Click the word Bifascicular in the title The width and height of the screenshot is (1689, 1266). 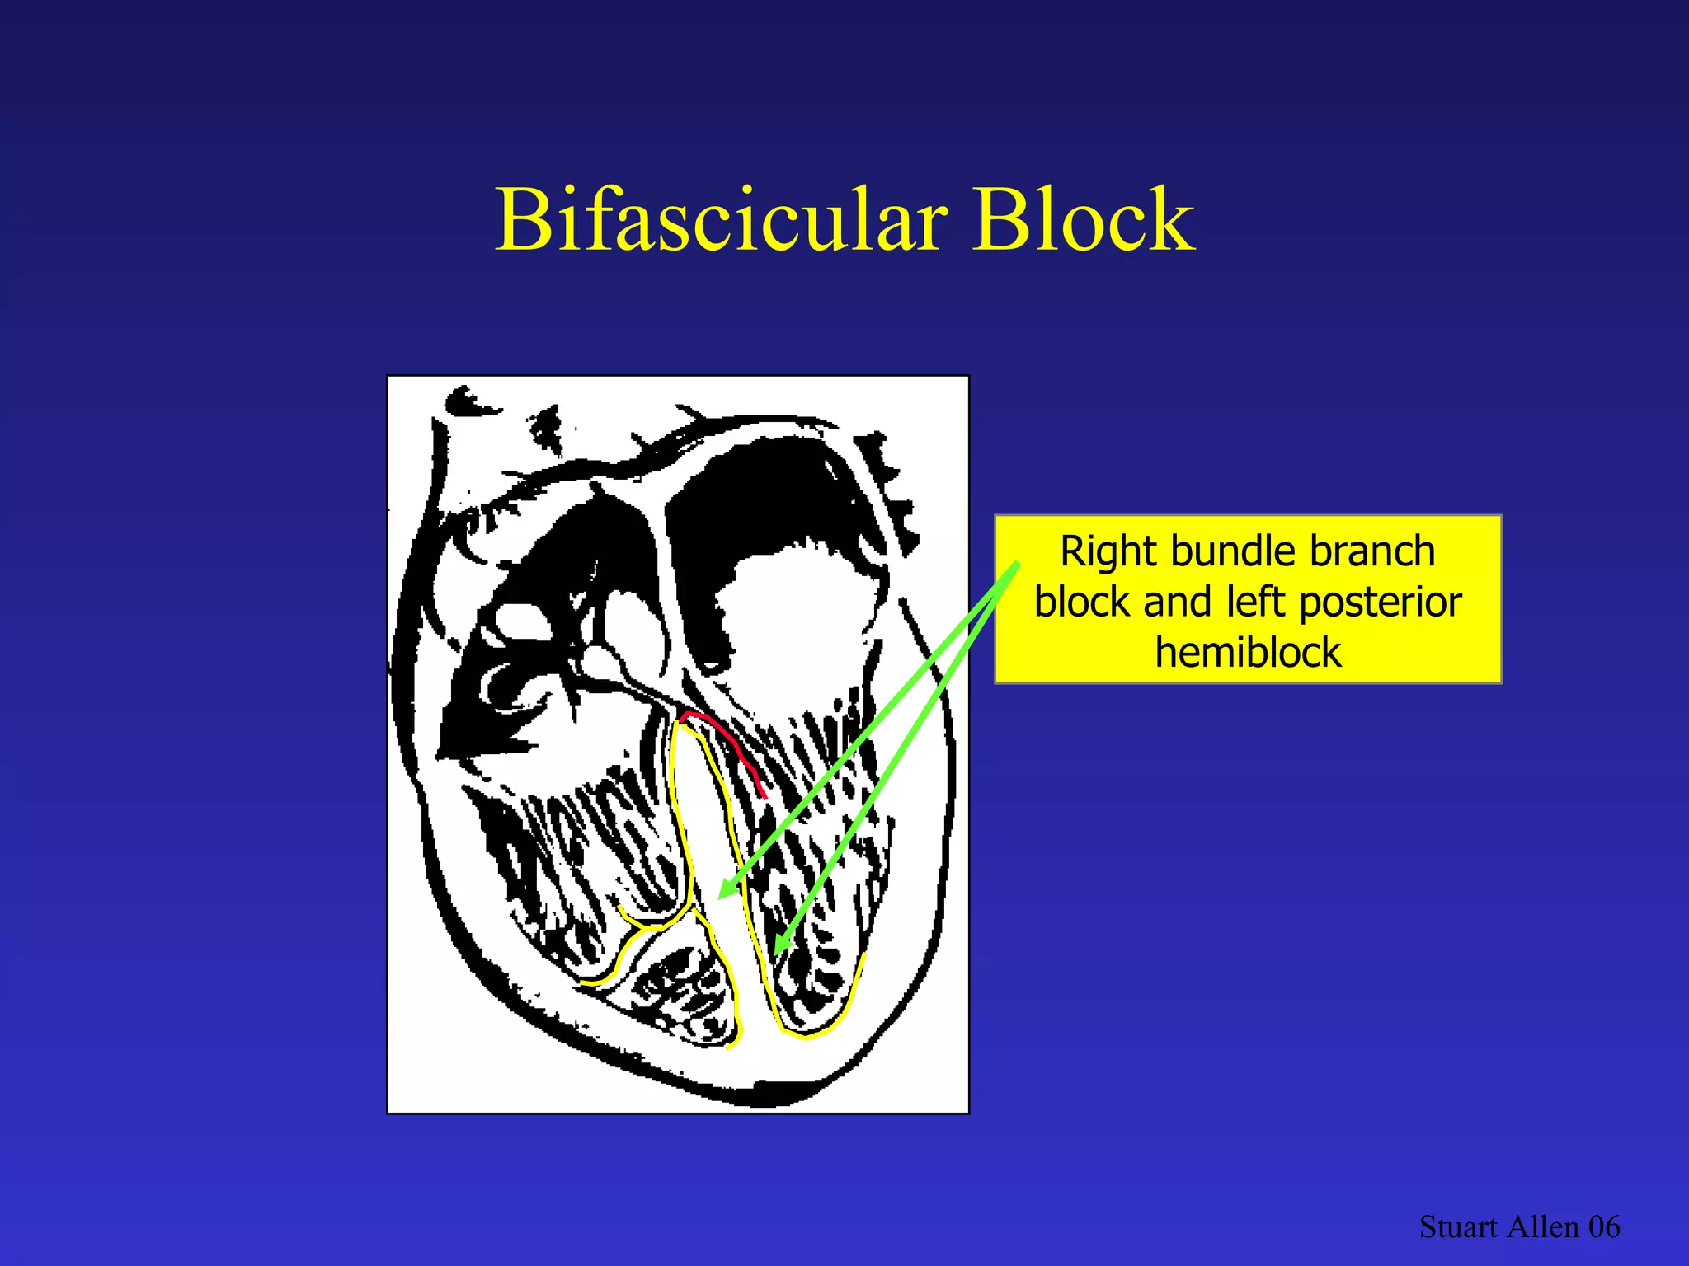point(721,221)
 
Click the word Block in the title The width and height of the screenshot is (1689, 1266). point(1084,221)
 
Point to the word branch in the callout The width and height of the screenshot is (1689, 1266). point(1372,552)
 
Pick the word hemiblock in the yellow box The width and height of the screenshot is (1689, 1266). point(1248,653)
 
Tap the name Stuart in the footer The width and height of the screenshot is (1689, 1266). point(1458,1227)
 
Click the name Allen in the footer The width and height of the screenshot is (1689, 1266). point(1543,1227)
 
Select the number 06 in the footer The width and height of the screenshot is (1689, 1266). point(1604,1227)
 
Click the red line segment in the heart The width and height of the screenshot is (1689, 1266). point(729,746)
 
